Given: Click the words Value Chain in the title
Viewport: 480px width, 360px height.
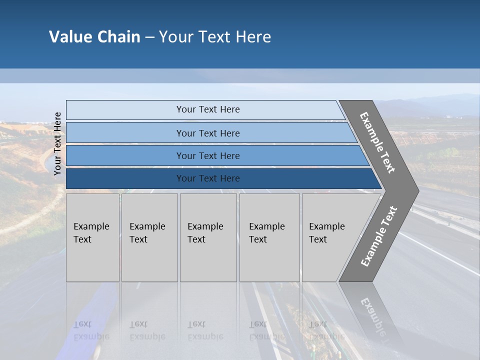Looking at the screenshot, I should click(94, 37).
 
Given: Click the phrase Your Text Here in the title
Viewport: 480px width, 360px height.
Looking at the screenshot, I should click(215, 37).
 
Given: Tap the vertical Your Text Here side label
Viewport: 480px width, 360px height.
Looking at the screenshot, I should click(57, 143).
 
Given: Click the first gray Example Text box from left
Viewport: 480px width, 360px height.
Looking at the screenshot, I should click(92, 237).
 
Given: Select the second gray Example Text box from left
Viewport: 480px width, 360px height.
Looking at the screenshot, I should click(149, 237).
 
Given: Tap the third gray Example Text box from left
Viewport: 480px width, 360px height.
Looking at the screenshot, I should click(208, 237).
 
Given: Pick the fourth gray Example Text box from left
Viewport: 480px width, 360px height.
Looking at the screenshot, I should click(269, 237).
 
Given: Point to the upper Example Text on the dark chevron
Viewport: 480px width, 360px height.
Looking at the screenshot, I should click(377, 142).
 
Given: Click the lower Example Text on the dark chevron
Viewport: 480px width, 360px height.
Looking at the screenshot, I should click(379, 236).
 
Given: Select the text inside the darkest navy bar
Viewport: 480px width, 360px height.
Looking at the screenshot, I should click(208, 178).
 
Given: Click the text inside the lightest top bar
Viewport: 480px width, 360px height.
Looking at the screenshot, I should click(208, 109).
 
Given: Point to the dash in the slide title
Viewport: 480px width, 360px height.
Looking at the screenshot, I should click(149, 37).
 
